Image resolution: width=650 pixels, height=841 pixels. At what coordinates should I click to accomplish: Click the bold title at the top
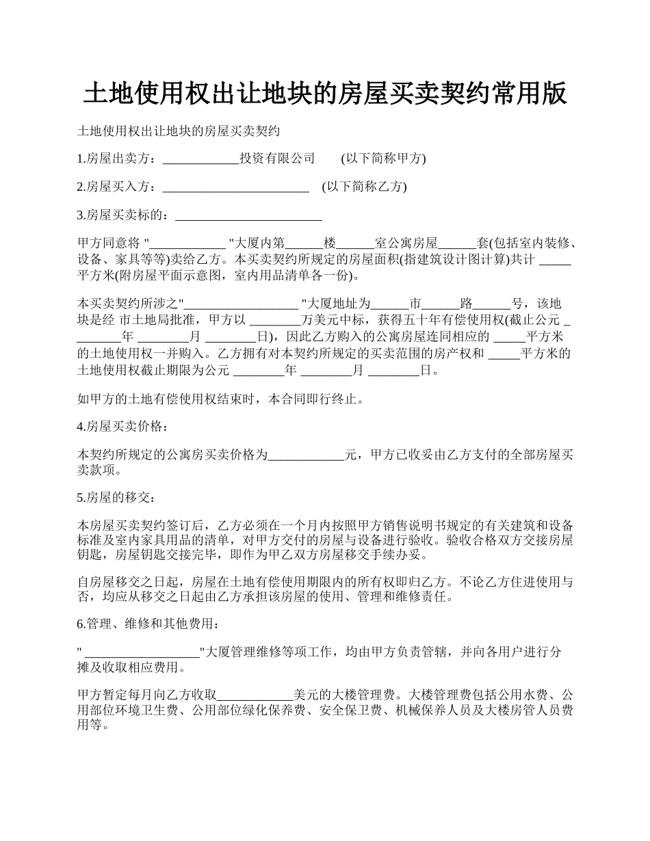[325, 93]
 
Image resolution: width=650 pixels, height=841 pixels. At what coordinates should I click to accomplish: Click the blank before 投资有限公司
[200, 159]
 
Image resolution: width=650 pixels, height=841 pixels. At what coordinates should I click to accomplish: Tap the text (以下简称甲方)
[383, 159]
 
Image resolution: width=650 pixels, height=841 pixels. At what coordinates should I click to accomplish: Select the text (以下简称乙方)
[364, 187]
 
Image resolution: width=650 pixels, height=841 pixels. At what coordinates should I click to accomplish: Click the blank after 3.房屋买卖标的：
[248, 215]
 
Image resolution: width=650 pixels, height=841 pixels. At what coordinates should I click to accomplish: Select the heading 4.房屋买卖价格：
[120, 426]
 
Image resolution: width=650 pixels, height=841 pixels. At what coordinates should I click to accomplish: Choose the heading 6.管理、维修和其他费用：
[148, 624]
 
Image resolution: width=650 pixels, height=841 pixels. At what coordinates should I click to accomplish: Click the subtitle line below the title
[179, 131]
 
